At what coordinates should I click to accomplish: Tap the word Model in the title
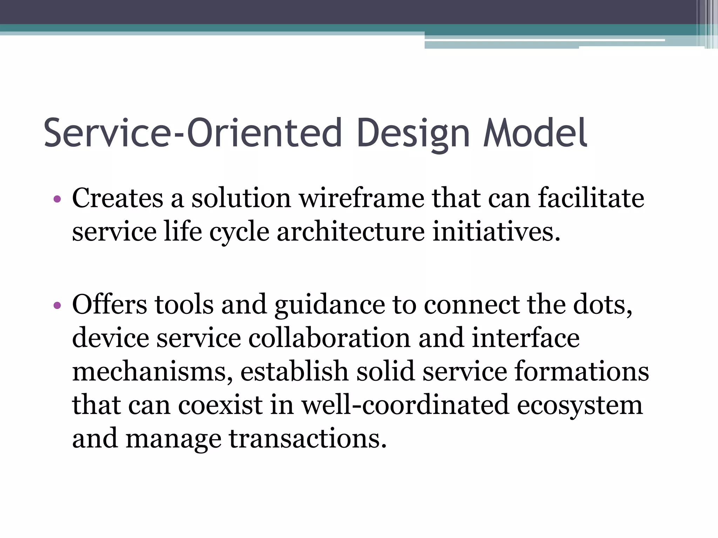[535, 133]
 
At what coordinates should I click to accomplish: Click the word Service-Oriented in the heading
[192, 133]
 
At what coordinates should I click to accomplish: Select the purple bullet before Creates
[57, 200]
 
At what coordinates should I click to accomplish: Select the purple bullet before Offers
[57, 305]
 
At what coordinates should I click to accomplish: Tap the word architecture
[351, 232]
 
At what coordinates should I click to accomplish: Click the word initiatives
[496, 232]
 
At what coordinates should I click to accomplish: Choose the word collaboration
[330, 338]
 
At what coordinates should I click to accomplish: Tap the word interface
[526, 338]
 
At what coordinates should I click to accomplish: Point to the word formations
[582, 371]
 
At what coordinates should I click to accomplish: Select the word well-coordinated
[405, 405]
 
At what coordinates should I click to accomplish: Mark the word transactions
[308, 439]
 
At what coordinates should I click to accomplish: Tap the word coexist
[220, 405]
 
